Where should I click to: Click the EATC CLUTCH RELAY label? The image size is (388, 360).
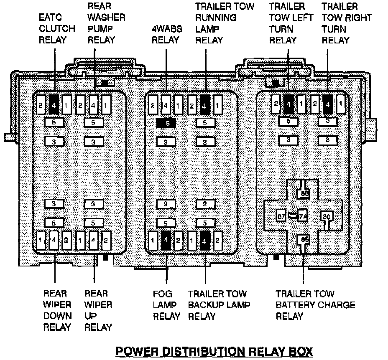[x=57, y=29]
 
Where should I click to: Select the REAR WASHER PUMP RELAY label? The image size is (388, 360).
[x=106, y=23]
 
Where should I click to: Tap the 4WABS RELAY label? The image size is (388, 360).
[x=165, y=34]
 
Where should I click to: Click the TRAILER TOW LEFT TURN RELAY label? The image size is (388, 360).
[x=287, y=23]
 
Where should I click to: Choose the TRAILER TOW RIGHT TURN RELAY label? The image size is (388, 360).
[x=347, y=23]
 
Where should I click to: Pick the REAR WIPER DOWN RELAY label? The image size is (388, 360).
[x=57, y=310]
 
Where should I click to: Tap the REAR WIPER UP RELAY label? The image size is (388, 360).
[x=99, y=310]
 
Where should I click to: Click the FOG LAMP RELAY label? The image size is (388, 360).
[x=166, y=305]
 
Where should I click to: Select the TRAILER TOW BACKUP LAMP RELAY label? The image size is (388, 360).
[x=219, y=305]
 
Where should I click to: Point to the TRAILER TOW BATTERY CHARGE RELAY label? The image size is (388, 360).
[x=315, y=305]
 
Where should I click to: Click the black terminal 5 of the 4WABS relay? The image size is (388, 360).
[x=166, y=123]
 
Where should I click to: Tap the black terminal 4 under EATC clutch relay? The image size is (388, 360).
[x=54, y=104]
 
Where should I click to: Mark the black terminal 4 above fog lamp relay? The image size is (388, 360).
[x=166, y=241]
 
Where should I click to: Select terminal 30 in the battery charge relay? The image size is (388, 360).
[x=327, y=216]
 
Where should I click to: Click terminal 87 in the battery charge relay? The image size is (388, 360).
[x=281, y=216]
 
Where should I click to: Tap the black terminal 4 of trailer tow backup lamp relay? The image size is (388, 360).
[x=205, y=241]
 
